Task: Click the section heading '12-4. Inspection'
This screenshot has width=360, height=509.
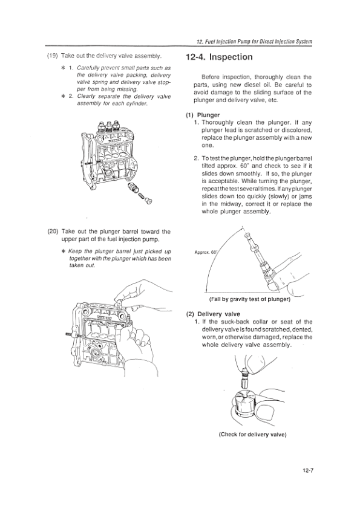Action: pos(219,57)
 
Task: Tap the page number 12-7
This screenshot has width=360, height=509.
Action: pos(306,470)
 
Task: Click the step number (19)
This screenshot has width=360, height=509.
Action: pos(52,56)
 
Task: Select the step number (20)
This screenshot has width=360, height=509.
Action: pos(53,232)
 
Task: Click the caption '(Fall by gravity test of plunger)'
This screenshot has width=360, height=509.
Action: pos(249,299)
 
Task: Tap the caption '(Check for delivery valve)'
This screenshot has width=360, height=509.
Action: pos(252,434)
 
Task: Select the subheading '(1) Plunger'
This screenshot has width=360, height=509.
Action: pos(203,115)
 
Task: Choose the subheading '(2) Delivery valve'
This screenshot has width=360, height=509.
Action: pos(213,314)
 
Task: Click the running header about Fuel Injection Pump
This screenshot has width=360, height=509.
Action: pos(254,42)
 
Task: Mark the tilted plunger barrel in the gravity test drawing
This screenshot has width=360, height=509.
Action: pos(260,261)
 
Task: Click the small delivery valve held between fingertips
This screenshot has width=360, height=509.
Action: pos(244,378)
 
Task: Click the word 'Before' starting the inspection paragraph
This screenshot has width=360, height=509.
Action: pos(211,77)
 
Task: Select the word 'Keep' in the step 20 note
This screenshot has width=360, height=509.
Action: pos(76,251)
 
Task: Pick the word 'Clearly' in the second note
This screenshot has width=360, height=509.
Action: pos(86,96)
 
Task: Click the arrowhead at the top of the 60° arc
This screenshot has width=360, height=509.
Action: pos(241,229)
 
